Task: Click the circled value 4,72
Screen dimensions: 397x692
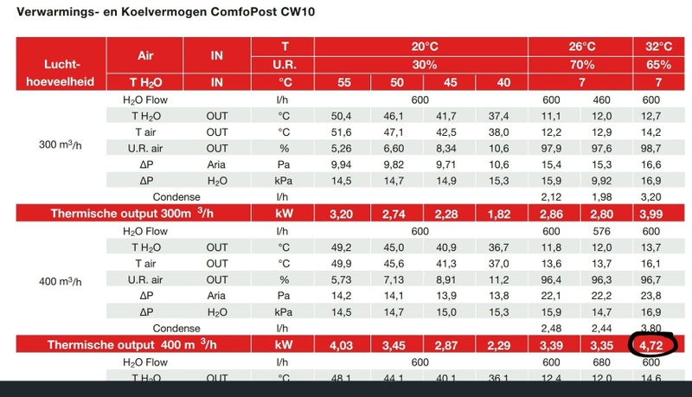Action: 652,345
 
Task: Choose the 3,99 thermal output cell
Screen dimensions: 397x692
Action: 652,212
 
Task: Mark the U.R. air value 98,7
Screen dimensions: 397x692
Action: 652,149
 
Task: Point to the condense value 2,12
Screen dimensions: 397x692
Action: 554,195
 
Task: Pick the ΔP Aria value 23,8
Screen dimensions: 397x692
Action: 652,296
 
